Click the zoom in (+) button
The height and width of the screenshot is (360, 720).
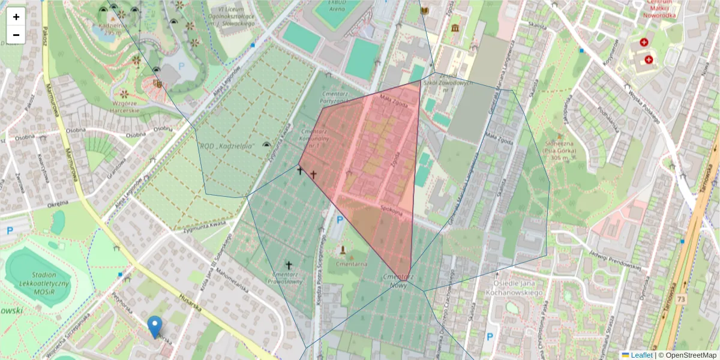coord(16,17)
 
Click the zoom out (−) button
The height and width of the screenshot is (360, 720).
coord(16,35)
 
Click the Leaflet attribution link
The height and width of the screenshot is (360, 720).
coord(641,355)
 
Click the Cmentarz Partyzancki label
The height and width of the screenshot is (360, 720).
coord(335,98)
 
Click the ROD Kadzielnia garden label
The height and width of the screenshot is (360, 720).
coord(226,146)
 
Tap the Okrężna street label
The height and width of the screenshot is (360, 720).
coord(58,203)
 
